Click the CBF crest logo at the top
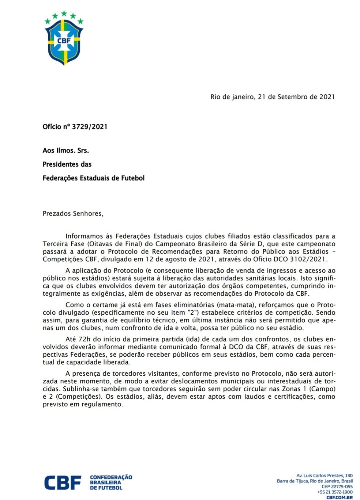pos(64,38)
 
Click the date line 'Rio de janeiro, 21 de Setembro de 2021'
pos(273,97)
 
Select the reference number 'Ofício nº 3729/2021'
pos(75,127)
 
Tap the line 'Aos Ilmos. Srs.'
pos(66,151)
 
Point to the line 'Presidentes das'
pos(67,164)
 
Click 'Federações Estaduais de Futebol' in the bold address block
pos(94,178)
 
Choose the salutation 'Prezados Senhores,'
pos(73,214)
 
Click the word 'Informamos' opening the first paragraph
pos(84,236)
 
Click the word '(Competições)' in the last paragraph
pos(76,397)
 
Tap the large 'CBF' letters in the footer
pos(63,483)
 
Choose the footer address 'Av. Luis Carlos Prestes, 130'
pos(325,476)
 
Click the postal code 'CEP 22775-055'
pos(337,486)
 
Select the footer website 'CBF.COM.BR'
pos(340,497)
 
